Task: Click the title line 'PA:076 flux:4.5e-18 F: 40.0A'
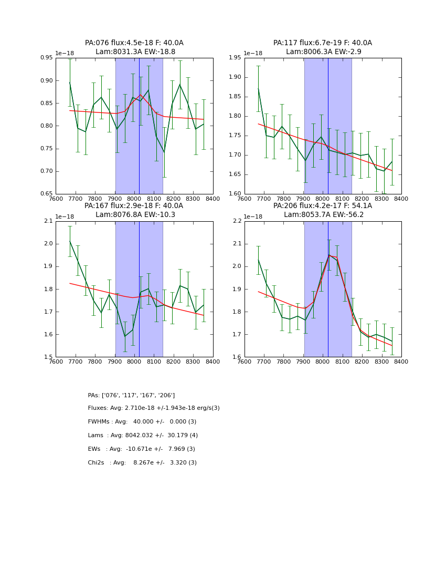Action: (134, 43)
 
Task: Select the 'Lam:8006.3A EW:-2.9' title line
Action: (323, 52)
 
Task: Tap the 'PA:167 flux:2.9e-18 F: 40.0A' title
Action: (134, 206)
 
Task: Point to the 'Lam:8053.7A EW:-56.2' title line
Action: (323, 215)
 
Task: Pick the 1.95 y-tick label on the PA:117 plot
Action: (236, 58)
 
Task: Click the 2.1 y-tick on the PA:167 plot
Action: (49, 221)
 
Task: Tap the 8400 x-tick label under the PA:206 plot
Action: (401, 362)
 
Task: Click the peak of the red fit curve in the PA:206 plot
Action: (329, 255)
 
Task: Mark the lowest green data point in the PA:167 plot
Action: (125, 336)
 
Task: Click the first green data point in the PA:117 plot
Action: (258, 88)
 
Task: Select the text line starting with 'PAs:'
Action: (131, 395)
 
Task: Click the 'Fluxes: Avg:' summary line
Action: (154, 408)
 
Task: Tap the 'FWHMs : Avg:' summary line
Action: (142, 422)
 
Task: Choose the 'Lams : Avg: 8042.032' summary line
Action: (143, 436)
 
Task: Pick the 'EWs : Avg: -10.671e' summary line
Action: (141, 449)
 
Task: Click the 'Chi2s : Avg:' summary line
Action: (142, 463)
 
